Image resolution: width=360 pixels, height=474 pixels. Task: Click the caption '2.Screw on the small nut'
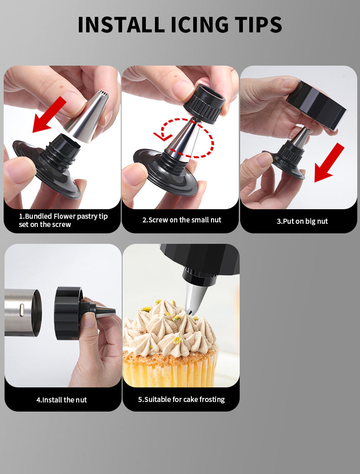pyautogui.click(x=181, y=220)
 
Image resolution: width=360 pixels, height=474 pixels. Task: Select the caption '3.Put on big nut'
pyautogui.click(x=302, y=222)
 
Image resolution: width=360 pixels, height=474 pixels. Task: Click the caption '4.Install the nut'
pyautogui.click(x=62, y=400)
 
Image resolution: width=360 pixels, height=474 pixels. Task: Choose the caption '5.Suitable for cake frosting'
pyautogui.click(x=181, y=399)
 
